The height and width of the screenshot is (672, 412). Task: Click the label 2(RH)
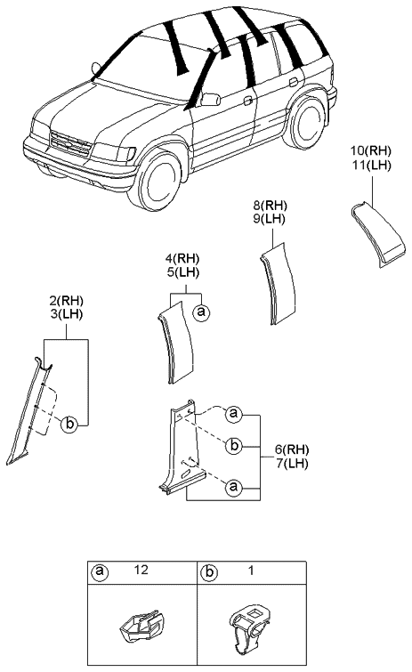click(x=66, y=301)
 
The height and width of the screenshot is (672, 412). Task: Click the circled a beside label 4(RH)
click(x=203, y=312)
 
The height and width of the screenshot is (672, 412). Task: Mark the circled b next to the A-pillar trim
click(x=70, y=425)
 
